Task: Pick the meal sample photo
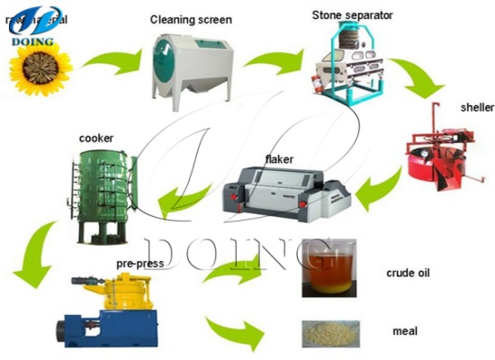[x=328, y=332]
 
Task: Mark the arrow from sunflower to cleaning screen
[x=111, y=60]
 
